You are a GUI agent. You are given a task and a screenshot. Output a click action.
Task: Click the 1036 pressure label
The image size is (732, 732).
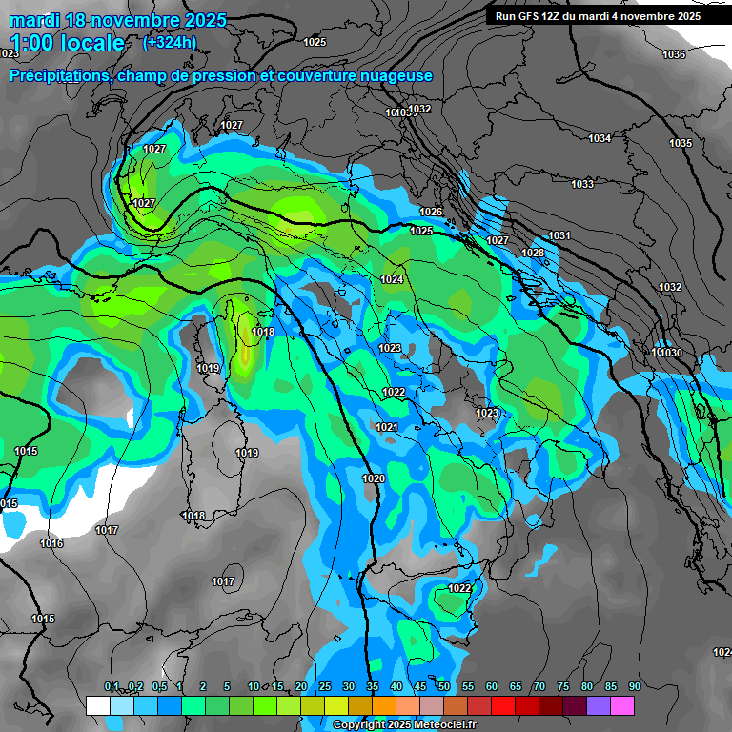coord(674,54)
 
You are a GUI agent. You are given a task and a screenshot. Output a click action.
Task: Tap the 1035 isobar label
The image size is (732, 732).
coord(681,143)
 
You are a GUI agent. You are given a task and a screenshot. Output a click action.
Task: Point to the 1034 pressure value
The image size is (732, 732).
coord(600,139)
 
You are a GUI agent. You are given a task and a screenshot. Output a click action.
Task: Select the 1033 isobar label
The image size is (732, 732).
coord(582,184)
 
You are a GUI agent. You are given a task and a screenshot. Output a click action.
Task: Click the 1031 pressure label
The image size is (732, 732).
coord(559,235)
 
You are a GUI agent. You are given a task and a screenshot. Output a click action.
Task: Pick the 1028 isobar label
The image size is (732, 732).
coord(533,253)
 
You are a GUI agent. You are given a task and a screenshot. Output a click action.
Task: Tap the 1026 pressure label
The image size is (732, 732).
coord(431,212)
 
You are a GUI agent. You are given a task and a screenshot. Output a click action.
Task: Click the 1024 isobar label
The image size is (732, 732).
coord(392,279)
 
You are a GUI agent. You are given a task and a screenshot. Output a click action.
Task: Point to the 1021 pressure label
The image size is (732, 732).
coord(386,427)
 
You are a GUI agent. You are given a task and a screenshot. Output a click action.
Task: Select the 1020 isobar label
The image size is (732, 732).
coord(374,478)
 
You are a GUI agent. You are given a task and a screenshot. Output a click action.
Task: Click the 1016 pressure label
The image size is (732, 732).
coord(51,543)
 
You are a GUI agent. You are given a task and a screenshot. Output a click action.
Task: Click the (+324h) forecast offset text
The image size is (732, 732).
coord(170,42)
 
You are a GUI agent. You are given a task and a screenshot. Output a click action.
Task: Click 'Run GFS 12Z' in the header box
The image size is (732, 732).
coord(531,16)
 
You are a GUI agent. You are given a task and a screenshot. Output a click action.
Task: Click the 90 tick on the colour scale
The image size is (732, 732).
coord(635,686)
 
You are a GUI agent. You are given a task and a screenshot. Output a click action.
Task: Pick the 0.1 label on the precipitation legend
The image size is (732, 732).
coord(112,686)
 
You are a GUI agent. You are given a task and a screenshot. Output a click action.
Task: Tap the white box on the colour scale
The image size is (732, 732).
coord(97,705)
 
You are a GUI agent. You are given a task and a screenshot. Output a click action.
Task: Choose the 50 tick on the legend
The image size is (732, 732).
coord(444,686)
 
